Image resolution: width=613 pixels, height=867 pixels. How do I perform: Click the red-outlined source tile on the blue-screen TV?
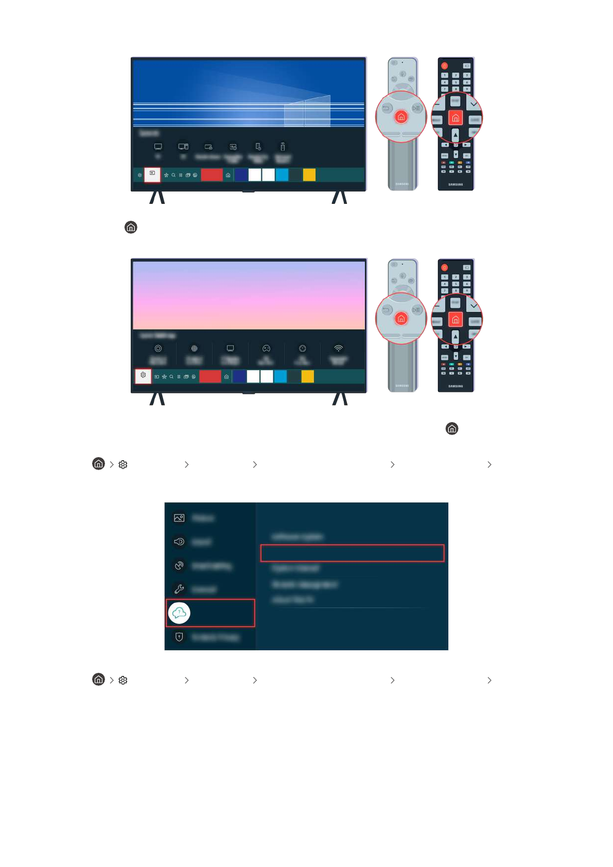(x=152, y=174)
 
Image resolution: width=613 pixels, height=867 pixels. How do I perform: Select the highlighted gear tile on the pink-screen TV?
(x=143, y=376)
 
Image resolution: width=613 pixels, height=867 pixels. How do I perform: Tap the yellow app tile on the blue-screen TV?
(x=309, y=175)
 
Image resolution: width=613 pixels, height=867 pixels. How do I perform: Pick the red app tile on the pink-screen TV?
(x=210, y=376)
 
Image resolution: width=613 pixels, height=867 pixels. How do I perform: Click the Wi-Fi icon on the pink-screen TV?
(x=338, y=349)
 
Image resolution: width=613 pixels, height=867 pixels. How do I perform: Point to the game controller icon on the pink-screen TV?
(x=266, y=349)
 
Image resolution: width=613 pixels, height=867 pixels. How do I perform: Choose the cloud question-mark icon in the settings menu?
(x=179, y=613)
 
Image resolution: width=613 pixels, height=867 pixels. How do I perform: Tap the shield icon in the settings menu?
(x=179, y=637)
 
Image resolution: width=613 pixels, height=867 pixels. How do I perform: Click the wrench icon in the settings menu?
(x=179, y=589)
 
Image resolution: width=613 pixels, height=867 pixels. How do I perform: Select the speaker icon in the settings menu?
(x=179, y=542)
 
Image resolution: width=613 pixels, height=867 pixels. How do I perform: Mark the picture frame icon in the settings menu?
(x=179, y=518)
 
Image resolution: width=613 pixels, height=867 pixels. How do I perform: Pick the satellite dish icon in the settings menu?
(x=179, y=565)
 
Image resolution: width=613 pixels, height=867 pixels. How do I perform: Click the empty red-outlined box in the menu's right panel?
(x=352, y=553)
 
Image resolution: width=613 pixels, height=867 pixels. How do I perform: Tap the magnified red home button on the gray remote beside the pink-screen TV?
(x=401, y=319)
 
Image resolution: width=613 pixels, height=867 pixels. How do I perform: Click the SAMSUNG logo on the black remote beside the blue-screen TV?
(x=456, y=184)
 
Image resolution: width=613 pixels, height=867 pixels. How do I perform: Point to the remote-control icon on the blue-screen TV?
(x=283, y=147)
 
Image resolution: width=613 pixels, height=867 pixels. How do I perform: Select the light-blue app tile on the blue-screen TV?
(x=282, y=175)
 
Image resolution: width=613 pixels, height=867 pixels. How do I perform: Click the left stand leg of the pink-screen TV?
(x=157, y=398)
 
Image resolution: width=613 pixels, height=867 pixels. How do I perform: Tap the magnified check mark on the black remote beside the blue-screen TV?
(x=474, y=105)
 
